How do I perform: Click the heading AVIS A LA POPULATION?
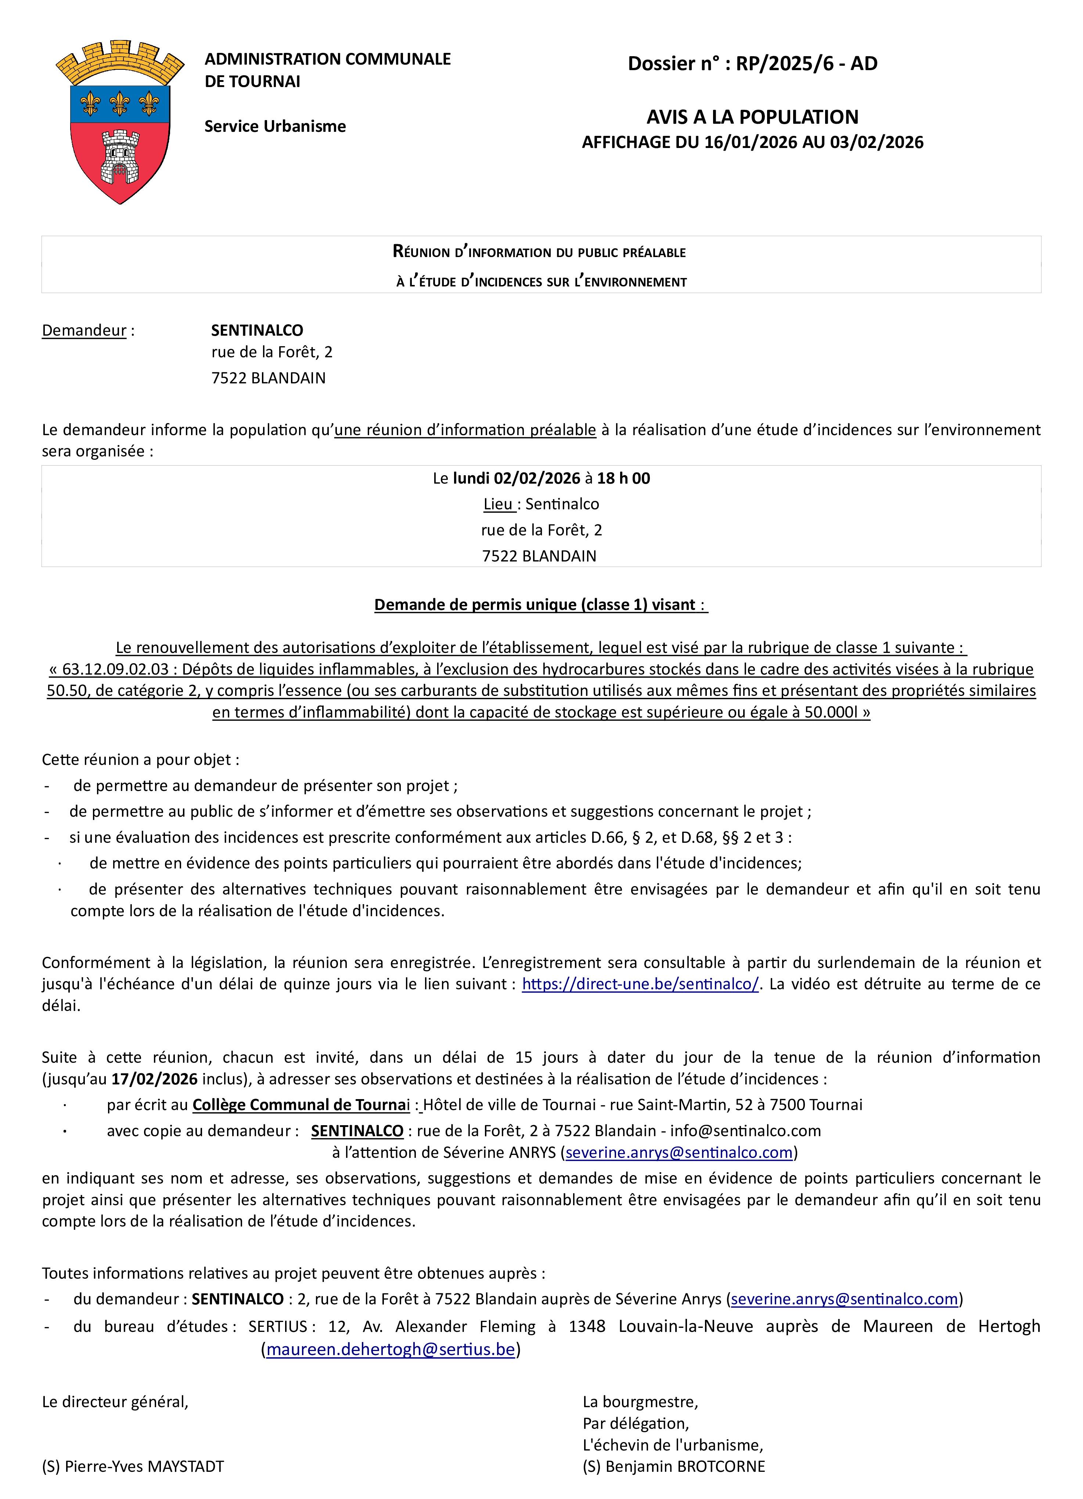tap(752, 117)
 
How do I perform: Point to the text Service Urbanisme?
tap(275, 126)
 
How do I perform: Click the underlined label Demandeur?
tap(84, 330)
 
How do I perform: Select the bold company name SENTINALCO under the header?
tap(257, 330)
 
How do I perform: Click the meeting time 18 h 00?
tap(623, 478)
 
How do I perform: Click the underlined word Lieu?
tap(498, 504)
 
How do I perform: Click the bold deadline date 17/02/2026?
tap(154, 1079)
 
